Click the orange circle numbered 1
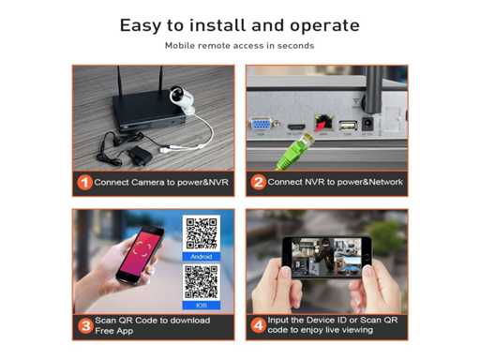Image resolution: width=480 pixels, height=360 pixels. [x=84, y=183]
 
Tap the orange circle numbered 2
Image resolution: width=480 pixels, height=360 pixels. [x=258, y=182]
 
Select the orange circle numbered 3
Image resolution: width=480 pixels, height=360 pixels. [x=85, y=326]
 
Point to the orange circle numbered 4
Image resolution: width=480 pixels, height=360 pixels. [x=259, y=325]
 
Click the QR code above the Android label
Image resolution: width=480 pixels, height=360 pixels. [x=202, y=233]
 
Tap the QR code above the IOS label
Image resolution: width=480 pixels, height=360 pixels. [x=202, y=282]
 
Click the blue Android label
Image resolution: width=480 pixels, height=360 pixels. [x=202, y=257]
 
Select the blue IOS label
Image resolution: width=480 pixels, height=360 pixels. [x=202, y=305]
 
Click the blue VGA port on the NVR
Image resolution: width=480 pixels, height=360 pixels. [x=262, y=125]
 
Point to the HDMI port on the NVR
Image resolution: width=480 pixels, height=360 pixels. [x=296, y=127]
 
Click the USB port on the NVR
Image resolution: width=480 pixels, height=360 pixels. [x=348, y=126]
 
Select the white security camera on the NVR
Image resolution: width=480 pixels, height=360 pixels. [x=183, y=100]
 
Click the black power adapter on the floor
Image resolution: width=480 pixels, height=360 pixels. [x=138, y=156]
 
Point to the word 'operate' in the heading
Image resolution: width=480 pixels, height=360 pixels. [x=324, y=26]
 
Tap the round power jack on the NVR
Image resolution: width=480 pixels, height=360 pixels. [x=367, y=124]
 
